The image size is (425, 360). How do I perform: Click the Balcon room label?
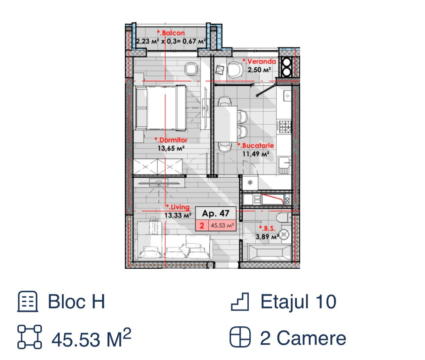(171, 33)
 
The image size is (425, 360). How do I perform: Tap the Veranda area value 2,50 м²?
(259, 70)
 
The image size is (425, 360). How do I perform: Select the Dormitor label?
(171, 140)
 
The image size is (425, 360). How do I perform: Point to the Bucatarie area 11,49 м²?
(256, 154)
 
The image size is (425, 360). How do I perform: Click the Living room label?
(178, 207)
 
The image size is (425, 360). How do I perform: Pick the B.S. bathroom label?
(267, 228)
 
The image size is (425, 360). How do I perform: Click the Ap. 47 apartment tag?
(216, 213)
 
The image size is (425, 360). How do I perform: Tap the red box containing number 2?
(202, 225)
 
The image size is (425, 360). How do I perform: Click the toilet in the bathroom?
(284, 218)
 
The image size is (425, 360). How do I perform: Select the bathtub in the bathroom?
(270, 252)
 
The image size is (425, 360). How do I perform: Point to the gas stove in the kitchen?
(284, 126)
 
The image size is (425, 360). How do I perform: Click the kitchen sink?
(284, 165)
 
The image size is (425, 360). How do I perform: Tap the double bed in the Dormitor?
(161, 108)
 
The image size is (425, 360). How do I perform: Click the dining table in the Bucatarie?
(226, 124)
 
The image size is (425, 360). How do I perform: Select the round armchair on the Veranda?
(235, 70)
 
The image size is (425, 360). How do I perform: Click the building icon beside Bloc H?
(28, 302)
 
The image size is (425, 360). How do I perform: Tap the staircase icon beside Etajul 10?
(240, 302)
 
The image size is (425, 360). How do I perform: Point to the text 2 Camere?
(303, 338)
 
